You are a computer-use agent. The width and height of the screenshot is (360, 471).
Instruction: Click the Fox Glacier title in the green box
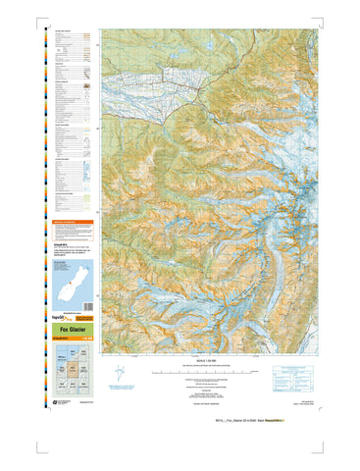pyautogui.click(x=75, y=329)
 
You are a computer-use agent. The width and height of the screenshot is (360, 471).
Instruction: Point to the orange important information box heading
pyautogui.click(x=75, y=222)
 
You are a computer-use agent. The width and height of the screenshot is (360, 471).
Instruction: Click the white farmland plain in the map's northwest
pyautogui.click(x=147, y=74)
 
